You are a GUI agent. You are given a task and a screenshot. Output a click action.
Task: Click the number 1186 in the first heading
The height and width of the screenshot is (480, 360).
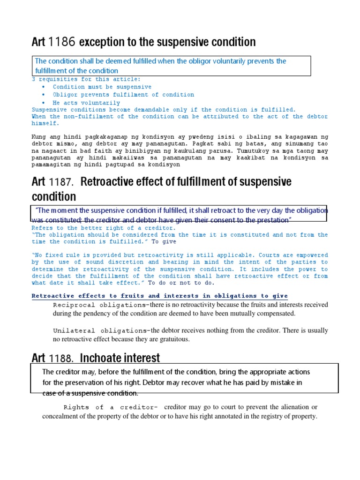[x=62, y=43]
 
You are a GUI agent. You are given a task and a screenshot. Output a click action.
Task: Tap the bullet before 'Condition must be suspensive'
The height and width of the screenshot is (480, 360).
[x=44, y=87]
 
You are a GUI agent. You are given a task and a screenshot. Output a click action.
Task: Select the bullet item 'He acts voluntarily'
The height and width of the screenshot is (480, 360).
[x=86, y=103]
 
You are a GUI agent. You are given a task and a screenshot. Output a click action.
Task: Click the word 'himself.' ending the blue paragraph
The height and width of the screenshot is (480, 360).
[x=45, y=124]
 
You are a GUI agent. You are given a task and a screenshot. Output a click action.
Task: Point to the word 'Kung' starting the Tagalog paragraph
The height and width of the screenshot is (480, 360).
[x=39, y=136]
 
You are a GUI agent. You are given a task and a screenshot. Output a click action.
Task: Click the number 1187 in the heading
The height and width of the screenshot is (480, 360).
[x=62, y=182]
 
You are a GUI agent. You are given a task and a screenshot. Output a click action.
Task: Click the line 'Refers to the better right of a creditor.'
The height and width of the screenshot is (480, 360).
[x=104, y=228]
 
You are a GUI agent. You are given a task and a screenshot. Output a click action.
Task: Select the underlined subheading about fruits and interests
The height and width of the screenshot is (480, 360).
[x=159, y=296]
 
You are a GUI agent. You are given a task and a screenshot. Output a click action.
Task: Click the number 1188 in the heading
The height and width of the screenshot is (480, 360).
[x=62, y=359]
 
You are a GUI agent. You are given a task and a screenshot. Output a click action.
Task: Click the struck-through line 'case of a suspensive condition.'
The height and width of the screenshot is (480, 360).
[x=90, y=393]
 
